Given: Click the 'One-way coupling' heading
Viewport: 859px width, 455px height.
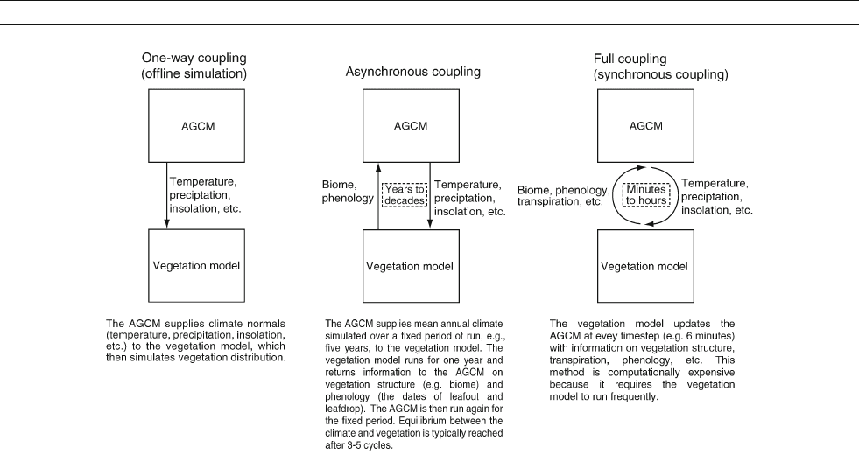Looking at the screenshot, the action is tap(194, 58).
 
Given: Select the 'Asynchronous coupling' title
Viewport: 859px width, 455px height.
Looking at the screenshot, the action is tap(413, 72).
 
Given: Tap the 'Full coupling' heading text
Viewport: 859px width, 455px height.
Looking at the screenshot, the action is tap(630, 59).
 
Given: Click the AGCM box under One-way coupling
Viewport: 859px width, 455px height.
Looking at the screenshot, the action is tap(197, 126).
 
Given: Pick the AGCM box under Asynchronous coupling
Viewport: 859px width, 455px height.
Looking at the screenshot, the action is tap(411, 126).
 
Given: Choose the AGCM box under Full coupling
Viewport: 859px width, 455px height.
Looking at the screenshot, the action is tap(645, 126).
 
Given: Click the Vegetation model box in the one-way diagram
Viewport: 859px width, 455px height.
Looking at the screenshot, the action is tap(197, 265).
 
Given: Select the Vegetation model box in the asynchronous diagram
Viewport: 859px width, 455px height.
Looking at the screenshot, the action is tap(411, 266).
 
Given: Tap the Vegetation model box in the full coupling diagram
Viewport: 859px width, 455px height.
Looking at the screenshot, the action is tap(645, 266).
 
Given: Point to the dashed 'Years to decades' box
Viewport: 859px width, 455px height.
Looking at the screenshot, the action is tap(405, 195).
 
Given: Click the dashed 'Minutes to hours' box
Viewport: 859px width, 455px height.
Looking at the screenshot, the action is tap(646, 195).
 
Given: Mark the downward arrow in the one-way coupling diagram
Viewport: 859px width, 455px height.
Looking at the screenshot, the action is tap(166, 195).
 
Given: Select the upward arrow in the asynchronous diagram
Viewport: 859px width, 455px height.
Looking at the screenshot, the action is tap(378, 196).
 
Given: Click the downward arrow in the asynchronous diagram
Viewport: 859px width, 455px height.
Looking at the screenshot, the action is tap(430, 196).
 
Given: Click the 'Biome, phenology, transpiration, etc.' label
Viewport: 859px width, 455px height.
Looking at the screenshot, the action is tap(564, 196).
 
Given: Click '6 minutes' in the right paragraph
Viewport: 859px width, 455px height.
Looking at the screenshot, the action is tap(708, 336).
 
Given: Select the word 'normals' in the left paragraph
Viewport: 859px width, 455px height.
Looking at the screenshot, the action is tap(267, 324).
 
